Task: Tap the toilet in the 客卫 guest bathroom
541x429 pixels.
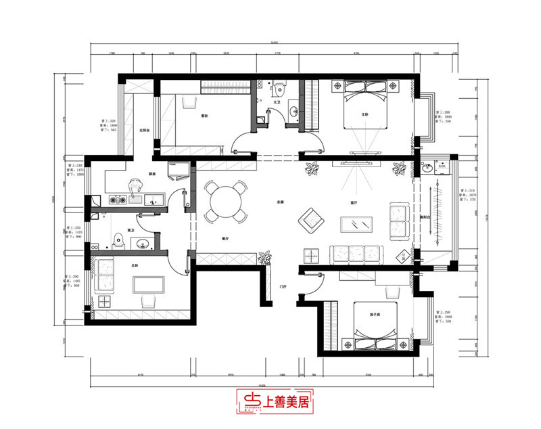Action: [x=119, y=238]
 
